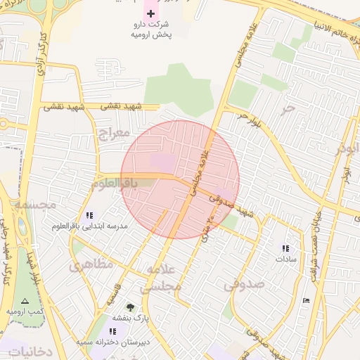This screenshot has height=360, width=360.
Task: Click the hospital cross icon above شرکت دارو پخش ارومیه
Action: [x=150, y=13]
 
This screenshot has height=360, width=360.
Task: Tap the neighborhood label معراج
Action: [x=112, y=132]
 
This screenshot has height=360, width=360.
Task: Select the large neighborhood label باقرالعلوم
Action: [x=112, y=184]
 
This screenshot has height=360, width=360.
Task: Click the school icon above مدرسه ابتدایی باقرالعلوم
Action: [x=89, y=215]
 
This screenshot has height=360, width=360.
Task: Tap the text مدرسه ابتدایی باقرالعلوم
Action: [x=89, y=227]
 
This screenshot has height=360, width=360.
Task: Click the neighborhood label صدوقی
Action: [x=244, y=285]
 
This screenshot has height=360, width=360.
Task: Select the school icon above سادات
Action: [x=285, y=248]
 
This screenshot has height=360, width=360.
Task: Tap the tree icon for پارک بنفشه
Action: [x=130, y=307]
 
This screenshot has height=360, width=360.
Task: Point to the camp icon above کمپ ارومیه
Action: [x=25, y=300]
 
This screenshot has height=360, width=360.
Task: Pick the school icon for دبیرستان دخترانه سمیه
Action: [x=112, y=330]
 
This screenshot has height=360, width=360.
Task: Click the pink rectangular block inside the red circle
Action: [x=163, y=161]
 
